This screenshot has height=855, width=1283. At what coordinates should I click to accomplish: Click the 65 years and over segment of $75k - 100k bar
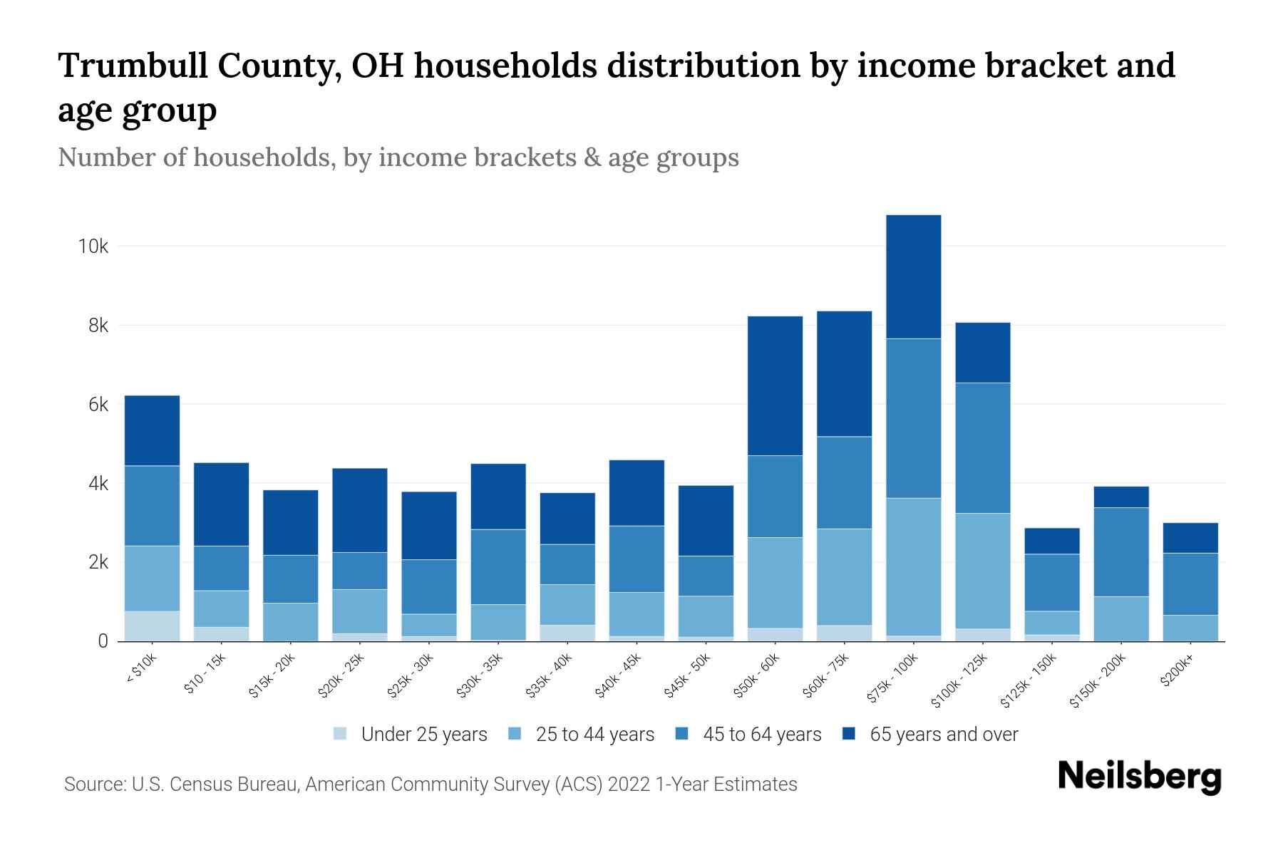[x=913, y=276]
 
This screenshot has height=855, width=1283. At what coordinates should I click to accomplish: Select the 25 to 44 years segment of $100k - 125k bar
[x=982, y=571]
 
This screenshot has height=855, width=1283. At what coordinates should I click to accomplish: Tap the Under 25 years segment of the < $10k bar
[x=152, y=626]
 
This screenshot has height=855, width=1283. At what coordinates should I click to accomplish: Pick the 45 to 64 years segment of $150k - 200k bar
[x=1120, y=551]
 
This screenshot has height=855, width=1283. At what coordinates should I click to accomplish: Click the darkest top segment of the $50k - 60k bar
[x=775, y=385]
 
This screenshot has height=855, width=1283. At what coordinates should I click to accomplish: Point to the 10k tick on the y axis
[x=93, y=247]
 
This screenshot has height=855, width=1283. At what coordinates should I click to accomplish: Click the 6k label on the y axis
[x=98, y=405]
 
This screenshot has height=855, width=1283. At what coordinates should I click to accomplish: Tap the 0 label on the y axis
[x=103, y=641]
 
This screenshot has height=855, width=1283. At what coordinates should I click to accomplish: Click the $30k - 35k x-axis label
[x=480, y=675]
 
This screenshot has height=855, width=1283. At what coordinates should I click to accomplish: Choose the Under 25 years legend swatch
[x=341, y=734]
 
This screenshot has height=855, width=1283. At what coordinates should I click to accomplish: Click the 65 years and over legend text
[x=944, y=735]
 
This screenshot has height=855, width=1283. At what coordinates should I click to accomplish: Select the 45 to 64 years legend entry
[x=748, y=735]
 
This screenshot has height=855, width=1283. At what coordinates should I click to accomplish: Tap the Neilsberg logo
[x=1139, y=777]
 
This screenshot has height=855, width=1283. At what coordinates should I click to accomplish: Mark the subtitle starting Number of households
[x=398, y=157]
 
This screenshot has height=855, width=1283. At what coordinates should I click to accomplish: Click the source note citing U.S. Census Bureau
[x=431, y=784]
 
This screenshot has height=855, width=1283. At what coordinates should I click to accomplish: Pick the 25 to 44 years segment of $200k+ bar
[x=1190, y=628]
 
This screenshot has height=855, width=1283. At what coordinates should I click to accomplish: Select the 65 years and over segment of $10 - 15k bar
[x=221, y=504]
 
